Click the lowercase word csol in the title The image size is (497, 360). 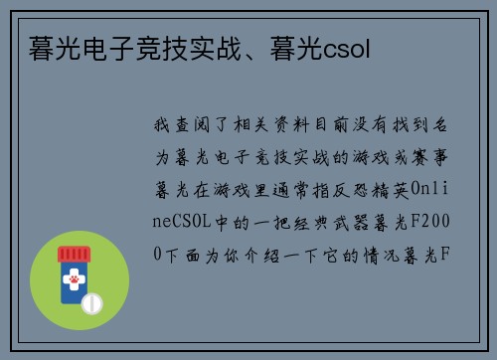point(347,49)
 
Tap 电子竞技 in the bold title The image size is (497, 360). point(118,49)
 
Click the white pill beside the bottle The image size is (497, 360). point(91,302)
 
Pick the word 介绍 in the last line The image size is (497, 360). point(243,254)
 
